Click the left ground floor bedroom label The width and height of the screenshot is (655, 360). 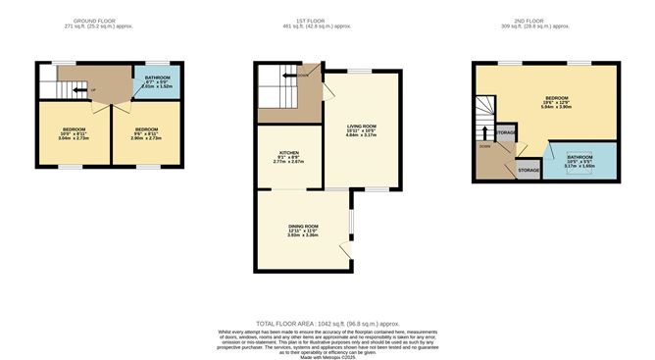tap(73, 129)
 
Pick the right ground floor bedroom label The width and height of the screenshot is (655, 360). tap(147, 129)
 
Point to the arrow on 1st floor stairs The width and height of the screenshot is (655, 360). tap(278, 75)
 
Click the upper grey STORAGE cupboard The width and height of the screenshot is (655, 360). tap(506, 132)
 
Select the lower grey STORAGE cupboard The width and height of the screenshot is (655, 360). tap(529, 170)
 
